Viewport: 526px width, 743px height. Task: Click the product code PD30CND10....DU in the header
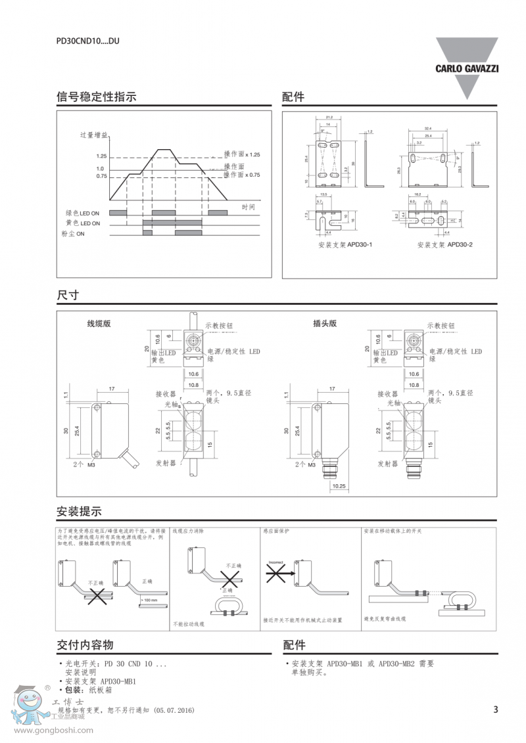tap(87, 41)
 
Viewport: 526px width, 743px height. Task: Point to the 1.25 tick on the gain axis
tap(101, 156)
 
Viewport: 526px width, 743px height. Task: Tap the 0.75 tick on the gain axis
tap(101, 176)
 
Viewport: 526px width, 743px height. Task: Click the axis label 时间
tap(248, 208)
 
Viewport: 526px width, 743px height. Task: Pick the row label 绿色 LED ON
tap(82, 214)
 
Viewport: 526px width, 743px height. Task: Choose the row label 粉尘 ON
tap(73, 234)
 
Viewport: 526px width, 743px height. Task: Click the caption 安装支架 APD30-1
tap(345, 245)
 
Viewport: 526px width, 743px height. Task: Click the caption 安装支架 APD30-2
tap(445, 245)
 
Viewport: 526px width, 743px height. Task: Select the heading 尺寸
tap(68, 296)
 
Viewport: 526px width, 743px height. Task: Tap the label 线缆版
tap(99, 324)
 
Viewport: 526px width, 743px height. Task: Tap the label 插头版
tap(325, 323)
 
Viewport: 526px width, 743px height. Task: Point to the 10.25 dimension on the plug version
tap(339, 486)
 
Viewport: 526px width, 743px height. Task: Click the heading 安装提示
tap(79, 512)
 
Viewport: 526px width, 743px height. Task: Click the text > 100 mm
tap(149, 600)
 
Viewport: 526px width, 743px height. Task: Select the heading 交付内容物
tap(85, 645)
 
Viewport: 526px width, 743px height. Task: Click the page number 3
tap(496, 709)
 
